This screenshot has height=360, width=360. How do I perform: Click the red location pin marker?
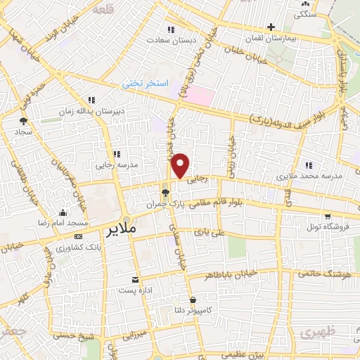[181, 165]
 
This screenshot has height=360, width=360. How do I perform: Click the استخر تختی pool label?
[146, 83]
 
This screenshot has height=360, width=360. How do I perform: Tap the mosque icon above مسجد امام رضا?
[63, 213]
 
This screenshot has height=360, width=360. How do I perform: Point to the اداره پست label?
[136, 290]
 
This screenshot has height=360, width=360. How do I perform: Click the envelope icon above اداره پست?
[136, 279]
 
